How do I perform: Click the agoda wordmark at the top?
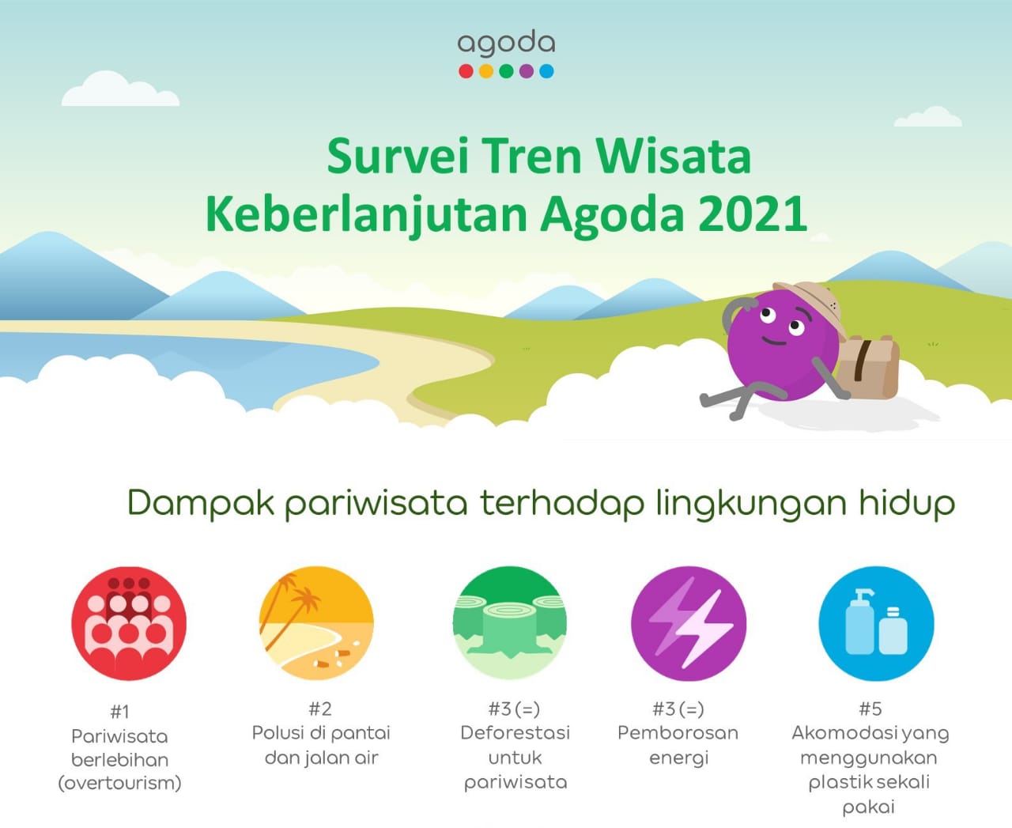pos(506,44)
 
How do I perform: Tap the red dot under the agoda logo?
pos(466,71)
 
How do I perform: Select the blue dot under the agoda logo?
pos(546,71)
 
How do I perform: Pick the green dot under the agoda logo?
pos(506,71)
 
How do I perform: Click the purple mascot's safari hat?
pos(811,302)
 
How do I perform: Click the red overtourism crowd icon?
pos(129,623)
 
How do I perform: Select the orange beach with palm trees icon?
pos(316,623)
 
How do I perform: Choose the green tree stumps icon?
pos(510,623)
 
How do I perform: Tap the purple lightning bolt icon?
pos(689,623)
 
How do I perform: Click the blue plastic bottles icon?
pos(876,623)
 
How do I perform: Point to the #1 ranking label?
pos(119,711)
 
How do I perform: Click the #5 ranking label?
pos(870,709)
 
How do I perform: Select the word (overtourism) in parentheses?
pos(119,784)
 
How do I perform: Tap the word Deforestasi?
pos(515,733)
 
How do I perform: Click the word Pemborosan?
pos(678,733)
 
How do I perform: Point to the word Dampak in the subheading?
pos(201,504)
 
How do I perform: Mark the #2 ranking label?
pos(320,709)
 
